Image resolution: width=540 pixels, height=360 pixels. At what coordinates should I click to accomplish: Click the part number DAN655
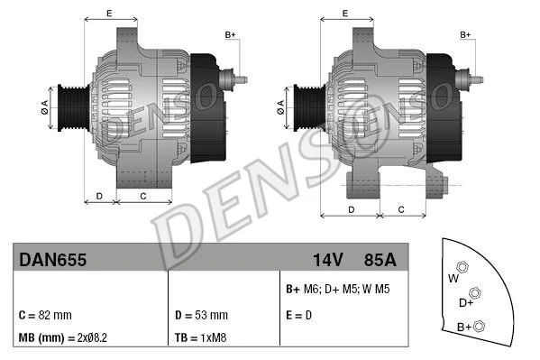[52, 260]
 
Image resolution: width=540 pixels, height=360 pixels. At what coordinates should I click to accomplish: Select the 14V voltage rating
[328, 260]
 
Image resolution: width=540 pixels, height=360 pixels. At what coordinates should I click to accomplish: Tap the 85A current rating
[380, 260]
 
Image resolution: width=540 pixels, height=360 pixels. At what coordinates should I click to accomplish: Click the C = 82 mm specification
[45, 315]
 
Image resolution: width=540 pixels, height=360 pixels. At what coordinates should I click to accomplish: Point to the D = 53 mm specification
[201, 315]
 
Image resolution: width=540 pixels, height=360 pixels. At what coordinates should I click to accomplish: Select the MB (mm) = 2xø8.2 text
[63, 337]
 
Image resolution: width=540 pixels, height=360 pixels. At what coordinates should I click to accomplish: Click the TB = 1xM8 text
[200, 337]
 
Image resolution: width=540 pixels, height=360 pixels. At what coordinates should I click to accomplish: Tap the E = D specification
[298, 315]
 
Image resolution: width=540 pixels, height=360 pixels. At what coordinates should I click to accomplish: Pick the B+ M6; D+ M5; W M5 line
[337, 289]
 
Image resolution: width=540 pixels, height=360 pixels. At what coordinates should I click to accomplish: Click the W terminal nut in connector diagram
[462, 267]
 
